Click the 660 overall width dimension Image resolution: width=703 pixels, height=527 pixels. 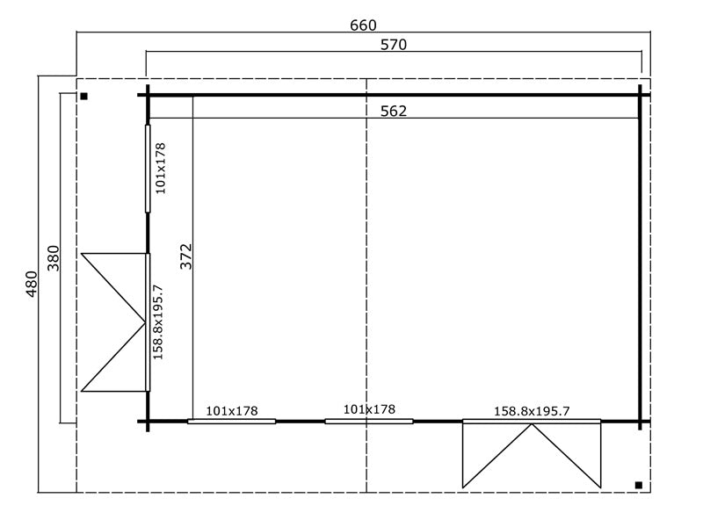click(363, 25)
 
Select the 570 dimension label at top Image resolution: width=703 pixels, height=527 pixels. click(393, 45)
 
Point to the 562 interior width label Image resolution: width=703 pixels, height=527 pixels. click(393, 111)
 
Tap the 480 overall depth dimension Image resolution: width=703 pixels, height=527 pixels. click(32, 285)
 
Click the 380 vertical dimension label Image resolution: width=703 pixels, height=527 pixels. click(53, 258)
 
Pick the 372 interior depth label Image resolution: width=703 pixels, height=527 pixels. click(185, 256)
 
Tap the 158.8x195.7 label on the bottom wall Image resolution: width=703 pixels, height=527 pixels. click(532, 410)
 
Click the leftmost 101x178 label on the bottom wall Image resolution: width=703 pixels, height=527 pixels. click(231, 410)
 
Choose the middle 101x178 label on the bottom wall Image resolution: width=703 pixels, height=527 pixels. click(369, 409)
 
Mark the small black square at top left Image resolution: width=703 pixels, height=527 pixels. click(83, 97)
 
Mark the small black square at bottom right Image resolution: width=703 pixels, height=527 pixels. click(637, 485)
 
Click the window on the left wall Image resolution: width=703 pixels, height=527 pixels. click(148, 168)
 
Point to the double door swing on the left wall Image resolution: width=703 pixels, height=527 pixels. click(114, 321)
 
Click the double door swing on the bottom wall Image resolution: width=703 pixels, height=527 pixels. click(532, 454)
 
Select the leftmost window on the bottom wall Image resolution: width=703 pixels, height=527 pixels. click(231, 422)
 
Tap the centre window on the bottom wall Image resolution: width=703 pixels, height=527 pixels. click(369, 422)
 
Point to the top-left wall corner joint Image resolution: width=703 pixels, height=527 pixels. click(148, 94)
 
